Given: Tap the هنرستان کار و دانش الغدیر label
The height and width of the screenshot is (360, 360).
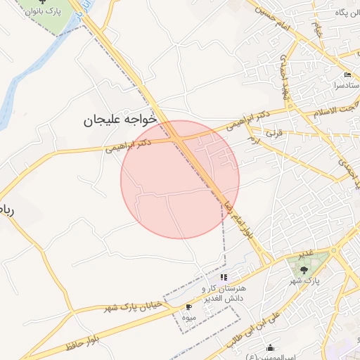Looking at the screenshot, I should (x=224, y=294).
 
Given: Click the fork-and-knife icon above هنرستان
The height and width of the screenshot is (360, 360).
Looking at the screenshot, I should (x=224, y=278).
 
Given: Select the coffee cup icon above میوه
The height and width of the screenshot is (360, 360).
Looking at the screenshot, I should (x=188, y=307).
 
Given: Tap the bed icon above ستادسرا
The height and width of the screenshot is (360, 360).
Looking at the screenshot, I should (x=347, y=75).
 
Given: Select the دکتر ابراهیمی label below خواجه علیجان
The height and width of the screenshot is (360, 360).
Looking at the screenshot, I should (x=129, y=146).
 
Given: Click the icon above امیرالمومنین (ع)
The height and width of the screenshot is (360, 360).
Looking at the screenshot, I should (x=271, y=347).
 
